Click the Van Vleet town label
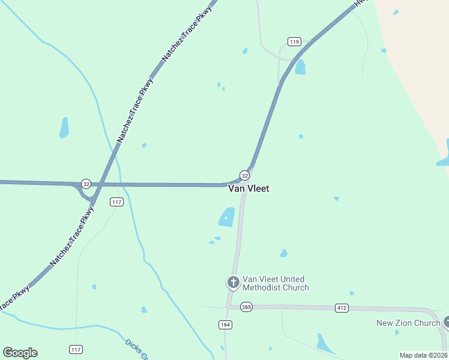pyautogui.click(x=249, y=188)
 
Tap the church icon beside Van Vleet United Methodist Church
pyautogui.click(x=233, y=281)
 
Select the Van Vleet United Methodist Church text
pyautogui.click(x=275, y=283)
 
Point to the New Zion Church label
pyautogui.click(x=408, y=323)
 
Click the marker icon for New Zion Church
pyautogui.click(x=446, y=322)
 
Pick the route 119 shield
pyautogui.click(x=294, y=41)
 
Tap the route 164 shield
pyautogui.click(x=225, y=324)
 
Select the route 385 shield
pyautogui.click(x=247, y=307)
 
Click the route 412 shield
pyautogui.click(x=342, y=308)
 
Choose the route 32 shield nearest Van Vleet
pyautogui.click(x=244, y=175)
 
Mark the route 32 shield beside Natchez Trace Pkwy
pyautogui.click(x=86, y=184)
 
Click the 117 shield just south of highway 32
pyautogui.click(x=116, y=202)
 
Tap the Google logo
pyautogui.click(x=20, y=353)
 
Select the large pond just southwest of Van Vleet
pyautogui.click(x=227, y=217)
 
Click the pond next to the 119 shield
pyautogui.click(x=300, y=67)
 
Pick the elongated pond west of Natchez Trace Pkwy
pyautogui.click(x=64, y=127)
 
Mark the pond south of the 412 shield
pyautogui.click(x=324, y=343)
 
